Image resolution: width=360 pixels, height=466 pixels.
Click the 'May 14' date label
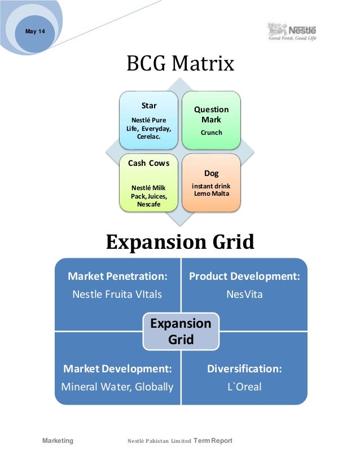click(36, 31)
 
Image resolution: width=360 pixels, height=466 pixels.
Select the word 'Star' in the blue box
click(149, 105)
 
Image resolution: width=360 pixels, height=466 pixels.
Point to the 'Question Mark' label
click(212, 115)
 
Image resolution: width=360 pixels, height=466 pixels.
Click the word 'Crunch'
click(212, 133)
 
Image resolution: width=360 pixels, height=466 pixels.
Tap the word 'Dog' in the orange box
click(212, 174)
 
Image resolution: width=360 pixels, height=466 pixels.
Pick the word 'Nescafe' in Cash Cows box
click(149, 204)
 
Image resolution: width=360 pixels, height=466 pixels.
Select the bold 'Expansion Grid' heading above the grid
click(180, 243)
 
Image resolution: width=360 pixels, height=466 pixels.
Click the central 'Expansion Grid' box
click(181, 331)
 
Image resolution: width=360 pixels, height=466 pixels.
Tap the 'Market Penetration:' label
click(117, 276)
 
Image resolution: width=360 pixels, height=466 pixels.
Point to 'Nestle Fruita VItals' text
click(117, 294)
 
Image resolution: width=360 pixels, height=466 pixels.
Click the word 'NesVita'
click(244, 294)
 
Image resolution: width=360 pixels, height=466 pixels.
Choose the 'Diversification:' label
click(244, 369)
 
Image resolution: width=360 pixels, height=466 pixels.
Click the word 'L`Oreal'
click(244, 387)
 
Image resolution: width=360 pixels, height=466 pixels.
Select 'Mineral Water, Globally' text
click(117, 387)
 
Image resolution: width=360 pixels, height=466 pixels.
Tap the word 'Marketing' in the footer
click(58, 441)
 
